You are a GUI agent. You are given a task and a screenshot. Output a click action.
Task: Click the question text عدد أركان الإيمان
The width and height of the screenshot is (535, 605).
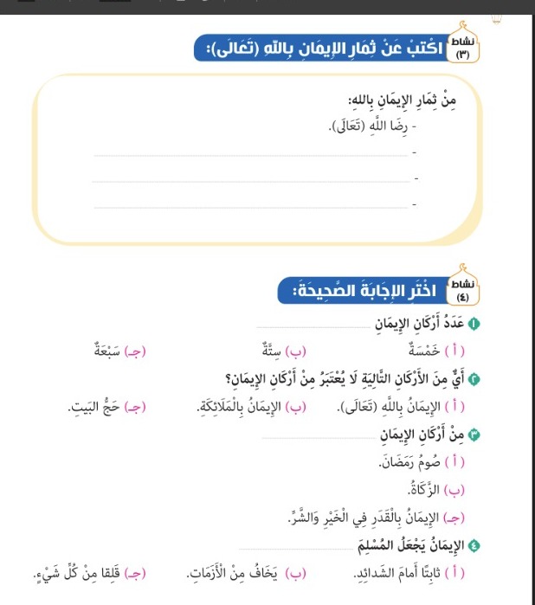pos(419,324)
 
